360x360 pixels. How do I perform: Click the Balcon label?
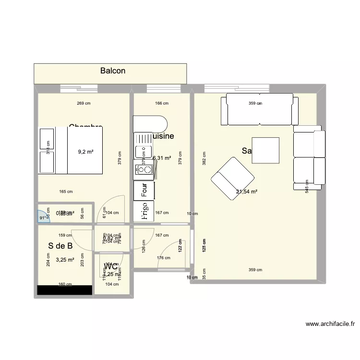point(113,71)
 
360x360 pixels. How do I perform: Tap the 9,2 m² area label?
point(85,152)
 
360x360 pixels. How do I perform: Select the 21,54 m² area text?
point(247,192)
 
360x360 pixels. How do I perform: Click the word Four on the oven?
point(144,191)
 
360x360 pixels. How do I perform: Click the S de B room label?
point(60,246)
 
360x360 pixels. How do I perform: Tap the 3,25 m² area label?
point(65,260)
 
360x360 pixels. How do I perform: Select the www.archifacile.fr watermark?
point(330,324)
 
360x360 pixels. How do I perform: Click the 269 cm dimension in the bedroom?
point(84,103)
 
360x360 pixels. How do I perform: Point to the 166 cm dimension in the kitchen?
point(162,103)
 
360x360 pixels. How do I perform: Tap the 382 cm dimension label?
point(204,158)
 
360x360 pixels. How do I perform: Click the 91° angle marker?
point(44,218)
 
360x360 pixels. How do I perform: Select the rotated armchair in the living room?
point(232,179)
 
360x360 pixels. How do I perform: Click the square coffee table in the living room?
point(265,150)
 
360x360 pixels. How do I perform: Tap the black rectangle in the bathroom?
point(65,290)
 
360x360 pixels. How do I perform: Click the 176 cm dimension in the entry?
point(164,258)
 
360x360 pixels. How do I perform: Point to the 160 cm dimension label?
point(65,284)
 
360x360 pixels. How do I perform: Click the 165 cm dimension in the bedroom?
point(66,192)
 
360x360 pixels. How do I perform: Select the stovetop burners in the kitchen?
point(144,169)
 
